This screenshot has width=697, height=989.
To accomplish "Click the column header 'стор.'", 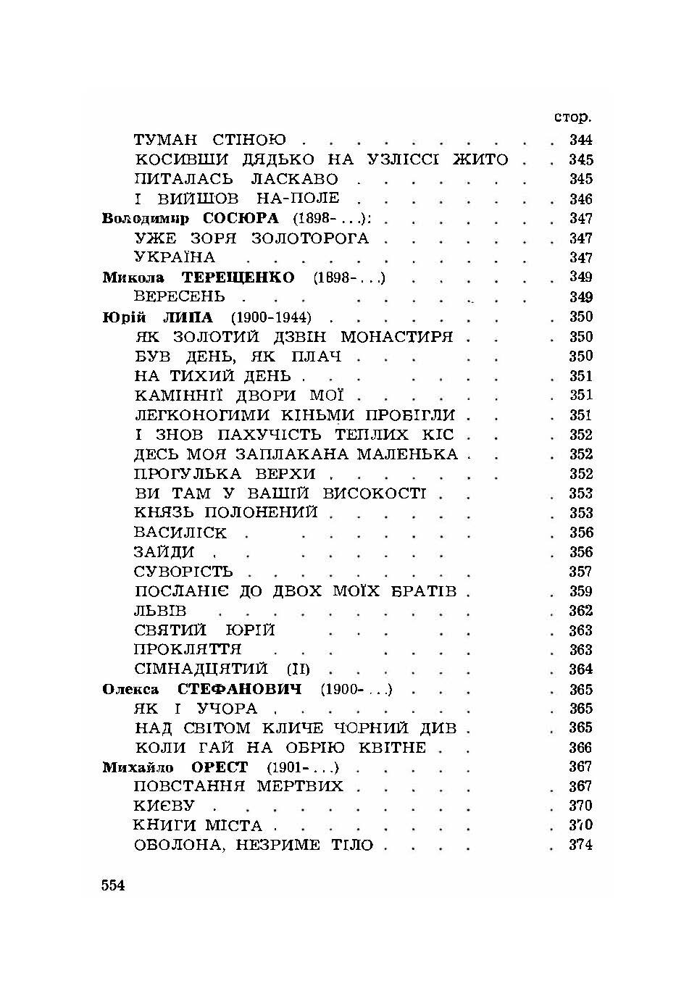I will point(572,117).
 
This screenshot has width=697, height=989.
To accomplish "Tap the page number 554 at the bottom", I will point(114,885).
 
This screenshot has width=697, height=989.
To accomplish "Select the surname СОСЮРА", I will point(241,218).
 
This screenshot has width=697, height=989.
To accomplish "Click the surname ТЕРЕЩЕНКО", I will point(238,277).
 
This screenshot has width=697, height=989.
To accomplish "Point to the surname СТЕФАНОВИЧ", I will point(240,689).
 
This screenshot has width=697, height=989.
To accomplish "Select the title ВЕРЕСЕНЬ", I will point(180,297).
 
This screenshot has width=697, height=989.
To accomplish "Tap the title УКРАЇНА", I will point(175,258).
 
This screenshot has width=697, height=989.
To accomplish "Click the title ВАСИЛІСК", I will point(180,533).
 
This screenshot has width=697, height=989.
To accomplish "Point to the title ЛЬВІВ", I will point(161,611).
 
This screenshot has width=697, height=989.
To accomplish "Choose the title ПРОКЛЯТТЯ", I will point(188,650).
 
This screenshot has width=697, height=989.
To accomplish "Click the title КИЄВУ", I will point(164,806).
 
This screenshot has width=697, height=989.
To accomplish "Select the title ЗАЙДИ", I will point(164,552).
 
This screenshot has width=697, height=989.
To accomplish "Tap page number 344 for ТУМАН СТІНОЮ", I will point(580,140).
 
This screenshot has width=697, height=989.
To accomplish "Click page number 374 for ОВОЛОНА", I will point(580,845).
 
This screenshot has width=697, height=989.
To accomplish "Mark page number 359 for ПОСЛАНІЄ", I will point(580,591).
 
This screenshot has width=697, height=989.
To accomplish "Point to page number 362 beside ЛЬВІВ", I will point(580,611).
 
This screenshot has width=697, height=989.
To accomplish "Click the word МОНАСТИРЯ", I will point(397,337).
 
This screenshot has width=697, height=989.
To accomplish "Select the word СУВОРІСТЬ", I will point(183,572).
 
